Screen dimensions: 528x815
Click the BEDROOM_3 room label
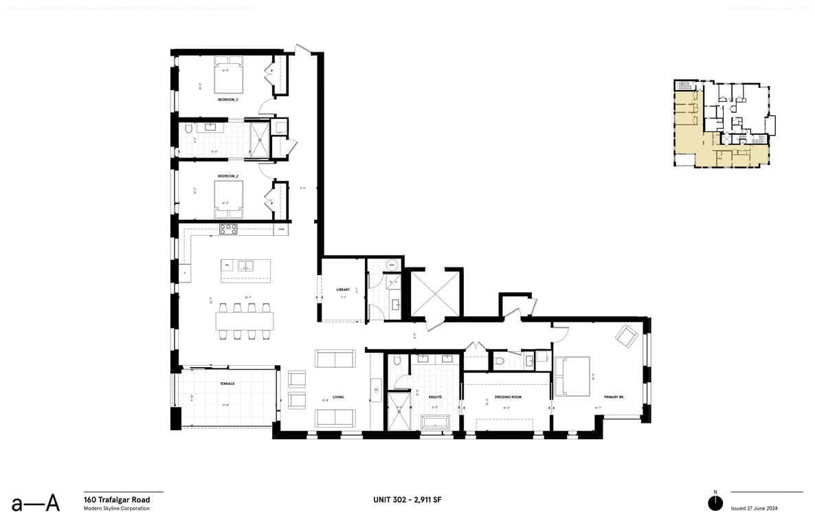[x=227, y=100]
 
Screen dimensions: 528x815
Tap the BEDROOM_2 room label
[x=227, y=176]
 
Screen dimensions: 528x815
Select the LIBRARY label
[x=343, y=289]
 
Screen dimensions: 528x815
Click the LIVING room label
[x=337, y=397]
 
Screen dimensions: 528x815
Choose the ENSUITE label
[x=435, y=397]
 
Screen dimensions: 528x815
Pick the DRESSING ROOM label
[x=508, y=397]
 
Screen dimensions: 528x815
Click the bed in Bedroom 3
[x=229, y=77]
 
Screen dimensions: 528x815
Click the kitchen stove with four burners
[x=228, y=230]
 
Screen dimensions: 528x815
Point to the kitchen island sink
[x=246, y=265]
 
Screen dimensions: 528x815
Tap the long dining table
[x=245, y=321]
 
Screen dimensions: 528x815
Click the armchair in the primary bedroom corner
[x=626, y=336]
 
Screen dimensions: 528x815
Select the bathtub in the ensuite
[x=435, y=421]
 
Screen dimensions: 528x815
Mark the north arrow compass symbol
[x=715, y=503]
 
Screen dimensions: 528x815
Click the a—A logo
[x=35, y=503]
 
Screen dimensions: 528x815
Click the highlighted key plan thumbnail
[x=724, y=124]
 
